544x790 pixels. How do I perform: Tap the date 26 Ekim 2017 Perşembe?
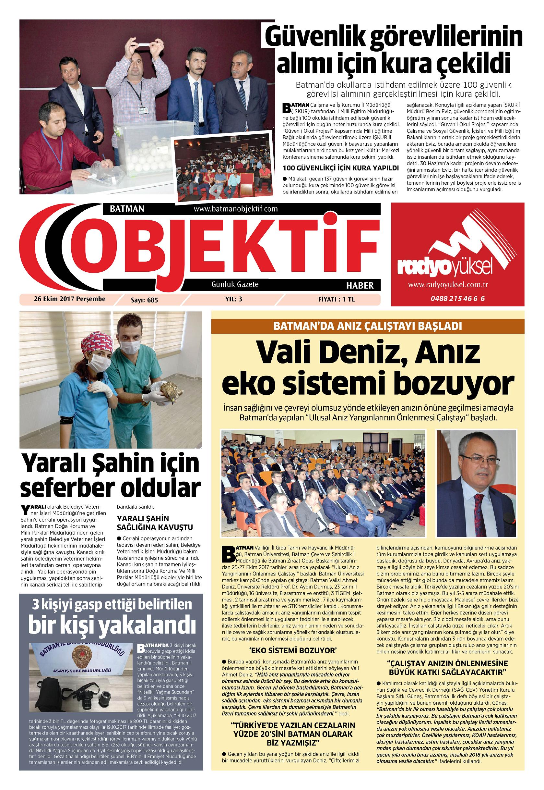(69, 299)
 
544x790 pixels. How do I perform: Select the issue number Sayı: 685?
(145, 300)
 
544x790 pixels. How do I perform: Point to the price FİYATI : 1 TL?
(336, 299)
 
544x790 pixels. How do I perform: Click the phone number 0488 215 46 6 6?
(457, 298)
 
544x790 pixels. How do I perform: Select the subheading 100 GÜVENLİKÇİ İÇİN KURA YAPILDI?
(341, 168)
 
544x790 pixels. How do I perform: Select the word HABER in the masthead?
(360, 285)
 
